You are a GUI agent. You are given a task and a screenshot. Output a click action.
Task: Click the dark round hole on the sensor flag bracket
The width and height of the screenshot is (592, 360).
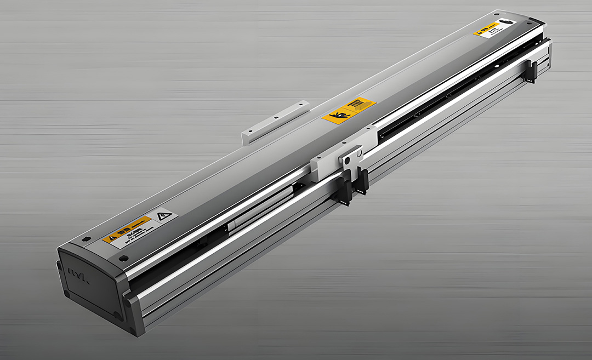tap(346, 159)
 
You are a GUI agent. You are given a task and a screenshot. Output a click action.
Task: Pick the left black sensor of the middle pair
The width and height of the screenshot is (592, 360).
tap(346, 189)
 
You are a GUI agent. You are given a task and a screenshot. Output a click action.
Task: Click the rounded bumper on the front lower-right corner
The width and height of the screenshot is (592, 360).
tap(127, 300)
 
